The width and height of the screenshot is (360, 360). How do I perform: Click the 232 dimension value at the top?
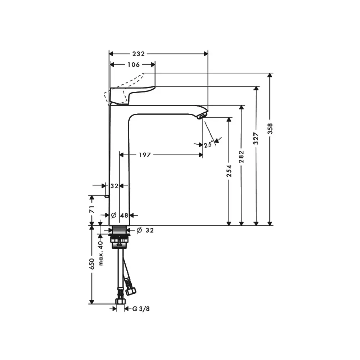pos(139,54)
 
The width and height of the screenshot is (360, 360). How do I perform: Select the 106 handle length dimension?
pos(134,65)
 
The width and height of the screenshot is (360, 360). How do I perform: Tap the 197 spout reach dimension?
pos(145,155)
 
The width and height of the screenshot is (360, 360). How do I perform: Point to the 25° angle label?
pos(208,145)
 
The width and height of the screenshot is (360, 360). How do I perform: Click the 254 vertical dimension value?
pos(229,171)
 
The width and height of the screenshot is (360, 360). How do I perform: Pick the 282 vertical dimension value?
pos(241,157)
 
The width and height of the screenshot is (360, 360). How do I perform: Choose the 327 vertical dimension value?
pos(256,139)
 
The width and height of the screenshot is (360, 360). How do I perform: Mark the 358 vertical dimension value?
pos(270,129)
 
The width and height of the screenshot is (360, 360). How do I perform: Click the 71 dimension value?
pos(92,209)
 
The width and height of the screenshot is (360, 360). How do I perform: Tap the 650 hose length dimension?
pos(92,264)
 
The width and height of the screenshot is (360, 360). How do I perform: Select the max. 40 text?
pos(100,253)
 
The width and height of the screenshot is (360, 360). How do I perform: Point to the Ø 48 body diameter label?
pos(120,215)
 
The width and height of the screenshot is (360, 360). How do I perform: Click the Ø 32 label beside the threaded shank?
pos(145,230)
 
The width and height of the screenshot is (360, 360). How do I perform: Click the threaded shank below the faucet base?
pos(120,230)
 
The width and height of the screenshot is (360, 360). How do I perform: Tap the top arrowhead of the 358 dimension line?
pos(270,76)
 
